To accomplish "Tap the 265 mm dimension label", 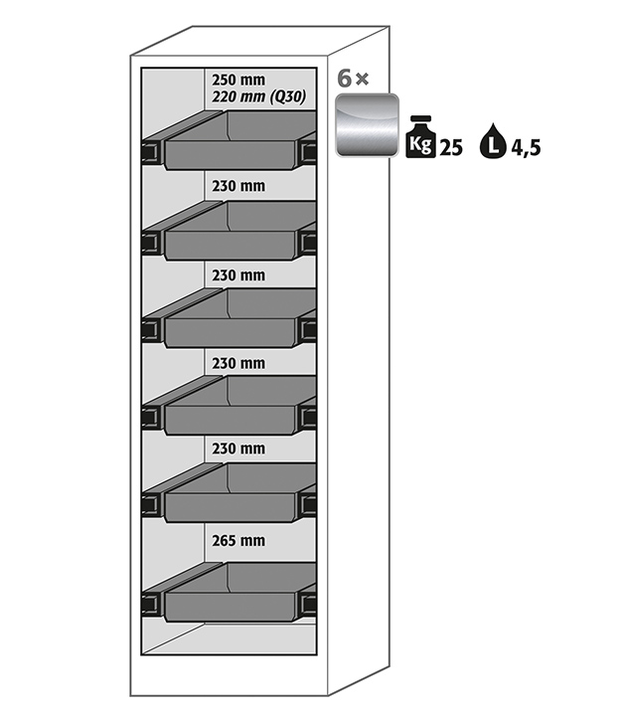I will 237,541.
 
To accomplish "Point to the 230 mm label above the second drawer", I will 237,185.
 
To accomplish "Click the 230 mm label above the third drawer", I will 237,274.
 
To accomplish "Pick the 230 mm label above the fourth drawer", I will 237,362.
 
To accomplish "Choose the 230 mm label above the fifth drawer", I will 237,449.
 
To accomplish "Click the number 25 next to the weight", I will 450,148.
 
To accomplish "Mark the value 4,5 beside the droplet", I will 526,149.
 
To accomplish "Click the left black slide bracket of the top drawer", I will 153,151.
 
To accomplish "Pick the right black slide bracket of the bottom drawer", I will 308,602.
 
